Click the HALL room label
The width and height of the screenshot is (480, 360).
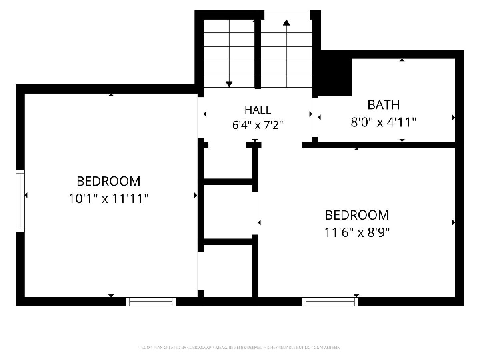258,110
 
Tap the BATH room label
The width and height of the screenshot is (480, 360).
384,105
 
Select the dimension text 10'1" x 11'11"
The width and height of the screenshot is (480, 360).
109,199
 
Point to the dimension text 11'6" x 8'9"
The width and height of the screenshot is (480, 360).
357,232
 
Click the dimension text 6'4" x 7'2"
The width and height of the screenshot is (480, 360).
258,125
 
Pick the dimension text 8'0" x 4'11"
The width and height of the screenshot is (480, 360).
384,122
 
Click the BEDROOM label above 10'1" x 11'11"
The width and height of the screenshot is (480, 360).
108,181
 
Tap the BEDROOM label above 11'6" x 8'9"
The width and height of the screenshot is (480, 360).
357,215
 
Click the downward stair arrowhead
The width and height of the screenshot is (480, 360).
229,84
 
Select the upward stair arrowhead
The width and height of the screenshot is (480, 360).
286,22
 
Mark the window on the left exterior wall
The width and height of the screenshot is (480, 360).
20,201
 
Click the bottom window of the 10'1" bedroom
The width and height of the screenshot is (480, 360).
151,302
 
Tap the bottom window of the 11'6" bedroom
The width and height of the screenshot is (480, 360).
330,302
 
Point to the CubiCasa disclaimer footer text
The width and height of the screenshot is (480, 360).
240,348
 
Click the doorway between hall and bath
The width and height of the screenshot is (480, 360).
315,117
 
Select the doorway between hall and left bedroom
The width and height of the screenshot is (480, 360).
201,118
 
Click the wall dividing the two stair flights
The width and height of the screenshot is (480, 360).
258,54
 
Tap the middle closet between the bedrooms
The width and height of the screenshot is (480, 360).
228,212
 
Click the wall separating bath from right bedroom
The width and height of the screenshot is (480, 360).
379,145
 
